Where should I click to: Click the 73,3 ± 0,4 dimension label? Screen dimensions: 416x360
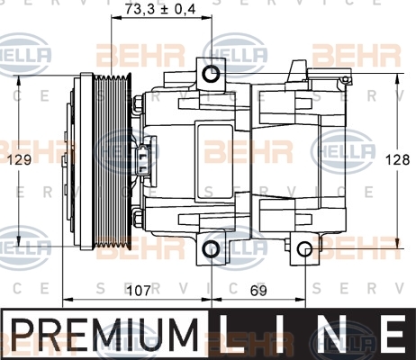[x=160, y=9]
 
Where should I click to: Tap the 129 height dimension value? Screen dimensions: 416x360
[x=19, y=159]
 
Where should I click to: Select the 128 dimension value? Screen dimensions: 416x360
[x=397, y=159]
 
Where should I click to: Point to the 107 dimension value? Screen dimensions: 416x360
[x=139, y=291]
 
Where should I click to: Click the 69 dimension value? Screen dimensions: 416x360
[x=258, y=291]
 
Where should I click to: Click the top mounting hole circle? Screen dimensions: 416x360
[x=211, y=74]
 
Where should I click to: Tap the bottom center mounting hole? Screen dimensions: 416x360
[x=211, y=248]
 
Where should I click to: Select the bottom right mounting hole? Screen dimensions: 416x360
[x=305, y=249]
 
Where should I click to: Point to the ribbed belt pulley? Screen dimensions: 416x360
[x=113, y=161]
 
